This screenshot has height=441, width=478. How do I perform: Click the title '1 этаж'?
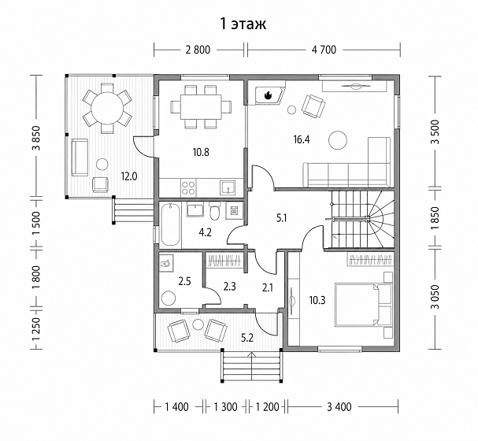click(243, 24)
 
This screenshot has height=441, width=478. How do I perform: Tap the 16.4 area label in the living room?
click(302, 139)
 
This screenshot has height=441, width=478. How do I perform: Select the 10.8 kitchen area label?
click(201, 152)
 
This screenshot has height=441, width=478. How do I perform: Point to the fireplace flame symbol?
click(269, 95)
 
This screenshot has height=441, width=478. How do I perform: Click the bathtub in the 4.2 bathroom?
click(170, 224)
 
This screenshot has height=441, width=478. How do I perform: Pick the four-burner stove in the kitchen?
click(188, 187)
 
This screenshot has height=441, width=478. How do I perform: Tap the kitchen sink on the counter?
click(228, 187)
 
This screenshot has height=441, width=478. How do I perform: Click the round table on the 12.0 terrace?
click(107, 108)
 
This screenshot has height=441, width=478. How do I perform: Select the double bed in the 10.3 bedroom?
click(363, 305)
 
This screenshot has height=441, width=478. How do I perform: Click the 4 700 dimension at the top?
click(324, 50)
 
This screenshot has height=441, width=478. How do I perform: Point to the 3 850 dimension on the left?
click(36, 138)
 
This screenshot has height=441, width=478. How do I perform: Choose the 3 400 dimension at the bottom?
click(339, 407)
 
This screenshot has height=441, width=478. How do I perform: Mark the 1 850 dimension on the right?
click(435, 218)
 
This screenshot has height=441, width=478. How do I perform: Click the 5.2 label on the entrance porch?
click(247, 338)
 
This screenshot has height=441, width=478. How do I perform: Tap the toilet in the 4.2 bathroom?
click(215, 211)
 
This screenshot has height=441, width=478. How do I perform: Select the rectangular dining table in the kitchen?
click(201, 107)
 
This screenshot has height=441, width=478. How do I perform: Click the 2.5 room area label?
click(185, 281)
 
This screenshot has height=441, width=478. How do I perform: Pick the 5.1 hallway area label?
click(281, 218)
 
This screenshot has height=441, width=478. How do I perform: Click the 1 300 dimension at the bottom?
click(225, 407)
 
